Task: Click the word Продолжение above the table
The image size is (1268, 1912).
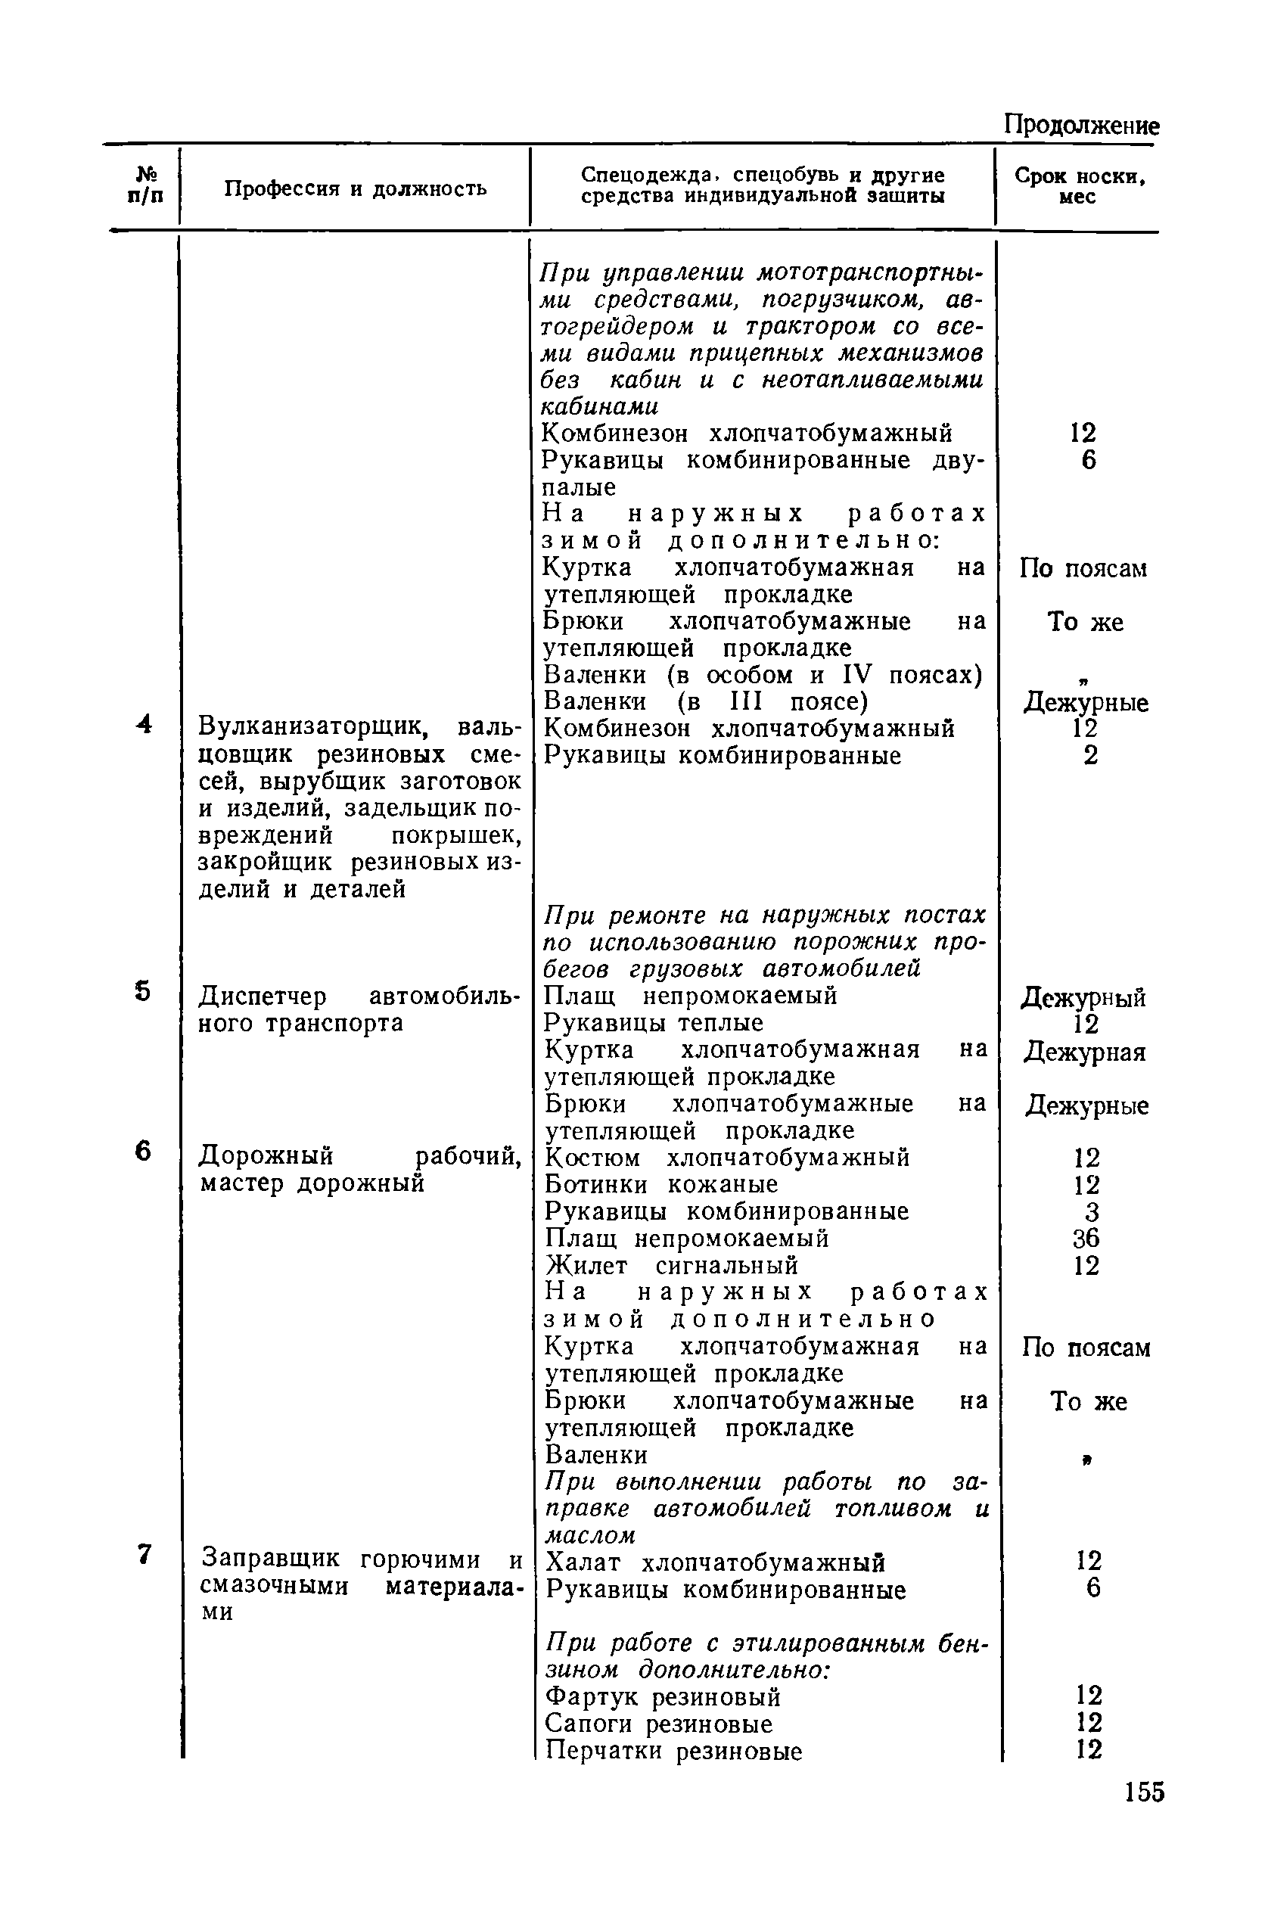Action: coord(1081,126)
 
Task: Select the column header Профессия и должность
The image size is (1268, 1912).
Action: coord(355,189)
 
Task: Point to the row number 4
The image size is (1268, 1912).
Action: coord(144,724)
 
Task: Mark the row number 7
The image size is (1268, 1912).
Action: coord(144,1553)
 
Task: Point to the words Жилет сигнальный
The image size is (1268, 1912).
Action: coord(671,1265)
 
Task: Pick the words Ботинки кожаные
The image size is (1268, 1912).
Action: coord(660,1185)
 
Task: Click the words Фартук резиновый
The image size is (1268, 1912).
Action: coord(663,1696)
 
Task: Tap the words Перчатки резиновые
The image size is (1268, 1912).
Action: coord(673,1751)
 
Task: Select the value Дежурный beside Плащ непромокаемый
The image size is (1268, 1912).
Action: coord(1083,998)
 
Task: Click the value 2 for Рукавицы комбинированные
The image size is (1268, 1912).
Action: coord(1091,755)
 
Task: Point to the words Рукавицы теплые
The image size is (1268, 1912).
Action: coord(654,1023)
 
